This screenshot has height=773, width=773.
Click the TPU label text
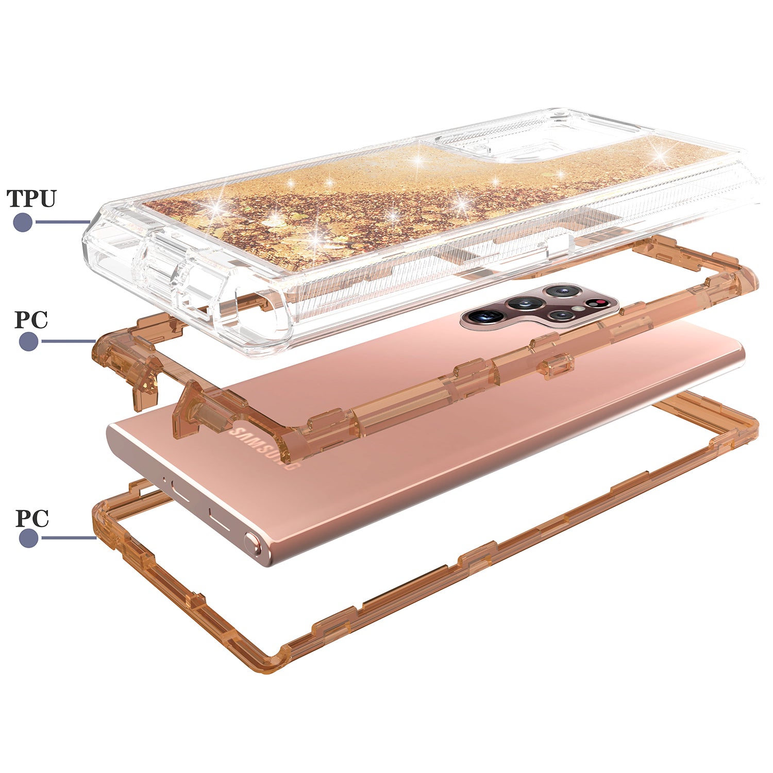click(x=31, y=198)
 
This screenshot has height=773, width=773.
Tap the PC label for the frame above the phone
click(x=31, y=320)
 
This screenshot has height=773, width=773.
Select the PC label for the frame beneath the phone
click(x=32, y=518)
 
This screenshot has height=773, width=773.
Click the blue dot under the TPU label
click(x=23, y=222)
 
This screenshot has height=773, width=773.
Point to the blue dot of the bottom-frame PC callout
click(x=29, y=538)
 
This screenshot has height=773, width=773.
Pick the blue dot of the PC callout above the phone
click(x=29, y=341)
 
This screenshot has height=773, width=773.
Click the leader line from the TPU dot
click(x=62, y=222)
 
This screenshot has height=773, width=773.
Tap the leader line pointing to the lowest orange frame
click(x=68, y=538)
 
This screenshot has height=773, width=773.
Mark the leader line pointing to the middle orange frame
click(x=67, y=341)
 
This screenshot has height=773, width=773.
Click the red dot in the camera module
click(x=600, y=302)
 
